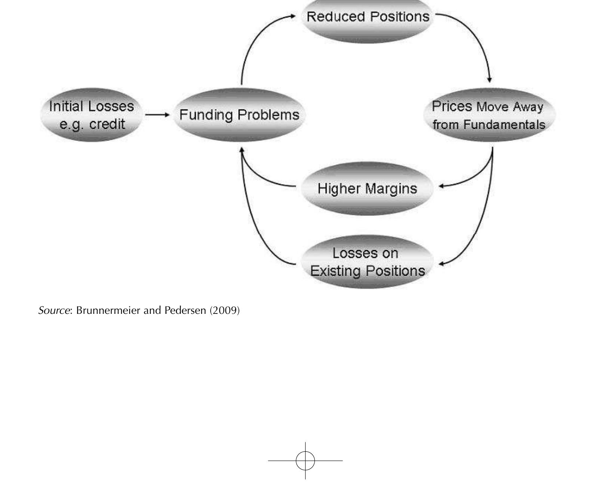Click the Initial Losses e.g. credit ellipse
[92, 115]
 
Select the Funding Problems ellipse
[239, 115]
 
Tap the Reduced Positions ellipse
[368, 19]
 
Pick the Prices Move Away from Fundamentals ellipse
[489, 115]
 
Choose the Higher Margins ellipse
[368, 188]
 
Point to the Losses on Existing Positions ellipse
[368, 262]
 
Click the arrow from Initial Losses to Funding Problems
[157, 115]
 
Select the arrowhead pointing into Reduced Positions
[293, 16]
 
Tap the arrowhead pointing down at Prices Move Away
[490, 80]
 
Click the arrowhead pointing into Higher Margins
[441, 186]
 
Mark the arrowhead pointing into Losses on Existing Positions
[441, 264]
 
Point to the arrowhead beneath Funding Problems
[242, 150]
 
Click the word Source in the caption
[54, 310]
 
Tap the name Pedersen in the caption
[185, 310]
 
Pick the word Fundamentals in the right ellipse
[504, 124]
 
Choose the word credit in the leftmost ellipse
[108, 124]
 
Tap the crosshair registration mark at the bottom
[306, 461]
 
